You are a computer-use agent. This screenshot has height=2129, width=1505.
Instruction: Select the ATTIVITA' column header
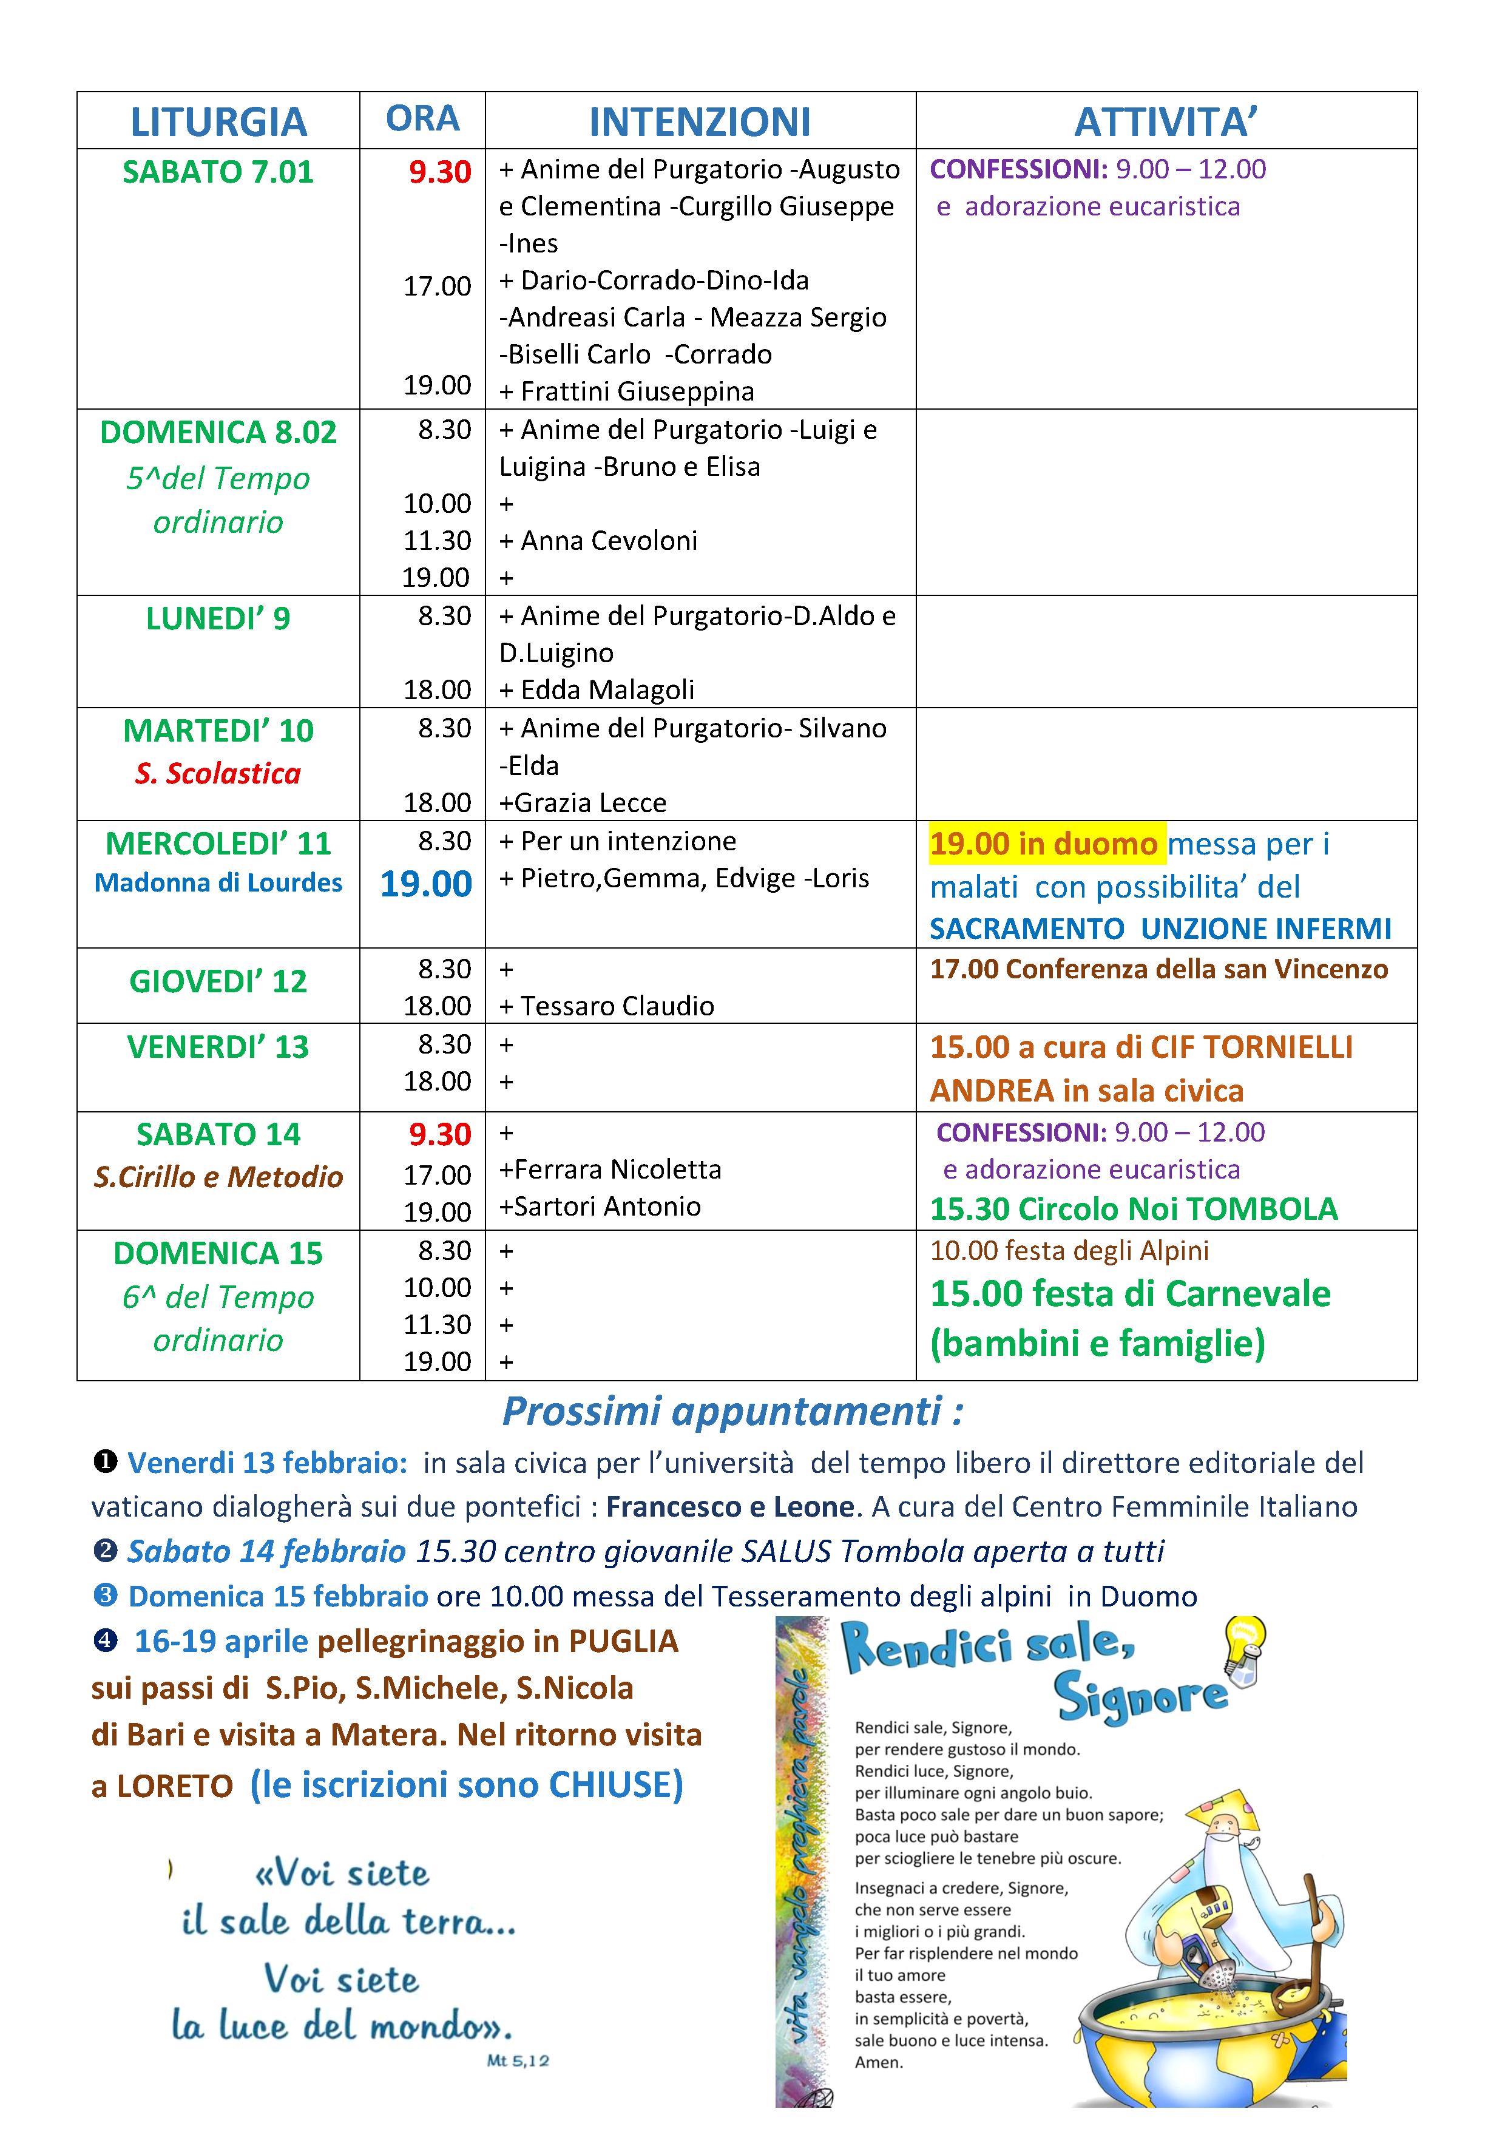pos(1166,121)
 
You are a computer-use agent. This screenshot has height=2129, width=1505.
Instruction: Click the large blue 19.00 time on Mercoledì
pos(427,884)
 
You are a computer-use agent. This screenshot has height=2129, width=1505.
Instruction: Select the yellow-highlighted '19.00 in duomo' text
pos(1044,844)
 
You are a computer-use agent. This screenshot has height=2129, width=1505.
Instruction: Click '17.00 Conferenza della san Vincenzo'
pos(1159,969)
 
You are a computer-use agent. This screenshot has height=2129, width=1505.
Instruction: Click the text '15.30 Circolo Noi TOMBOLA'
pos(1134,1209)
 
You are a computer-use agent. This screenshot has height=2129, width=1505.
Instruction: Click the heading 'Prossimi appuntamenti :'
pos(732,1410)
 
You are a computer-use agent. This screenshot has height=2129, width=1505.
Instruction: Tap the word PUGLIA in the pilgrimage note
pos(623,1641)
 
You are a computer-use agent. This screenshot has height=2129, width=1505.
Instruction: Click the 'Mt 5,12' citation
pos(518,2060)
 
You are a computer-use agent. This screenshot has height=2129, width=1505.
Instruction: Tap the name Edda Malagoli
pos(607,690)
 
